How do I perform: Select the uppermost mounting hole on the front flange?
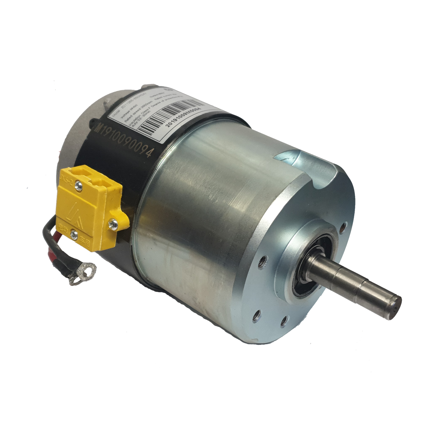coord(342,229)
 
